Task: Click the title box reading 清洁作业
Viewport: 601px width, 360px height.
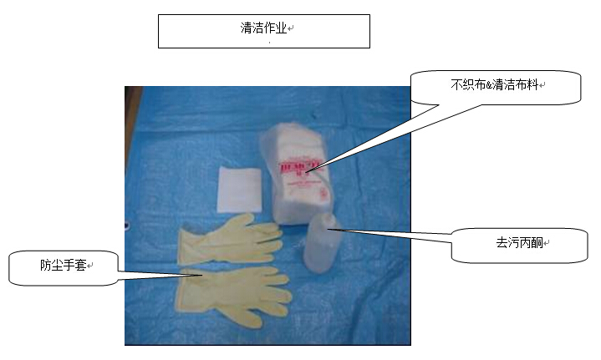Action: pos(263,31)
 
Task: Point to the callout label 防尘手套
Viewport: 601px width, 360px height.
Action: pos(64,267)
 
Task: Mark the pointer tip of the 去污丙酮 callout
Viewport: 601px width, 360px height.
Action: pos(328,228)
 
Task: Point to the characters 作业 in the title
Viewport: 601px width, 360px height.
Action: pos(275,28)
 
